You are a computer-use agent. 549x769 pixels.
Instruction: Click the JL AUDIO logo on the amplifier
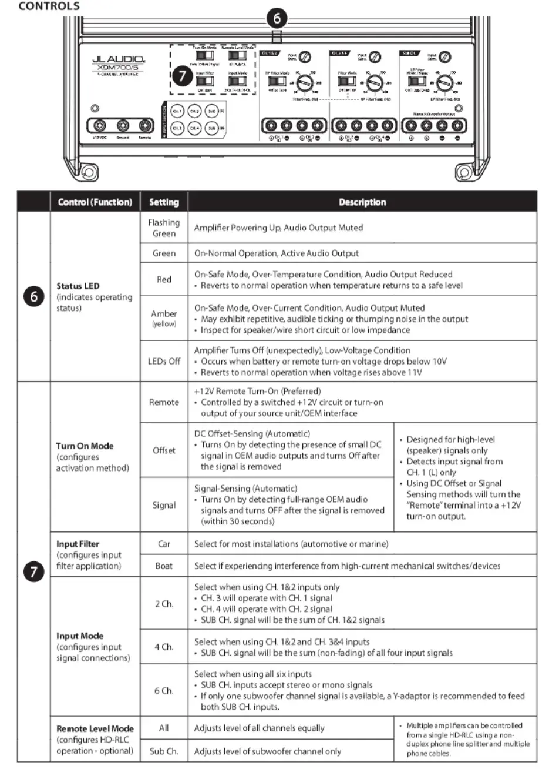(118, 60)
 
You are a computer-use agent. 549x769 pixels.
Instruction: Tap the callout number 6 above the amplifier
(277, 18)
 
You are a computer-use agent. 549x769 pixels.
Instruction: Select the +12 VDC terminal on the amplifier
(100, 126)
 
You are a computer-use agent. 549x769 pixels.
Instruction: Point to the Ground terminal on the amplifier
(123, 126)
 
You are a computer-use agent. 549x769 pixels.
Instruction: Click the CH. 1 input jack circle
(177, 111)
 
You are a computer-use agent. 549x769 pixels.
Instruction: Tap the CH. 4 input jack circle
(195, 128)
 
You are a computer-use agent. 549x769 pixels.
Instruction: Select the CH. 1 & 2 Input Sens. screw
(305, 57)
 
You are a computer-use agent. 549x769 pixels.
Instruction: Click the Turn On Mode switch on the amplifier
(205, 55)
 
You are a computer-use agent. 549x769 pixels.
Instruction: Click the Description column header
(362, 202)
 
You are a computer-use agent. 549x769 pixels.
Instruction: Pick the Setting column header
(164, 202)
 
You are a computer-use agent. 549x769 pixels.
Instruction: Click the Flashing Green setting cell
(164, 228)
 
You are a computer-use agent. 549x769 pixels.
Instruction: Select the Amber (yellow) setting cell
(164, 317)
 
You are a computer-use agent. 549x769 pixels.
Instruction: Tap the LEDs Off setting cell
(164, 361)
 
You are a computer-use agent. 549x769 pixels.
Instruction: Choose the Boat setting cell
(164, 566)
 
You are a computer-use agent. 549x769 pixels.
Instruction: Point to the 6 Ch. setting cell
(164, 690)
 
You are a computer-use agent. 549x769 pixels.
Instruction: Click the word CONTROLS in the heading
(49, 6)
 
